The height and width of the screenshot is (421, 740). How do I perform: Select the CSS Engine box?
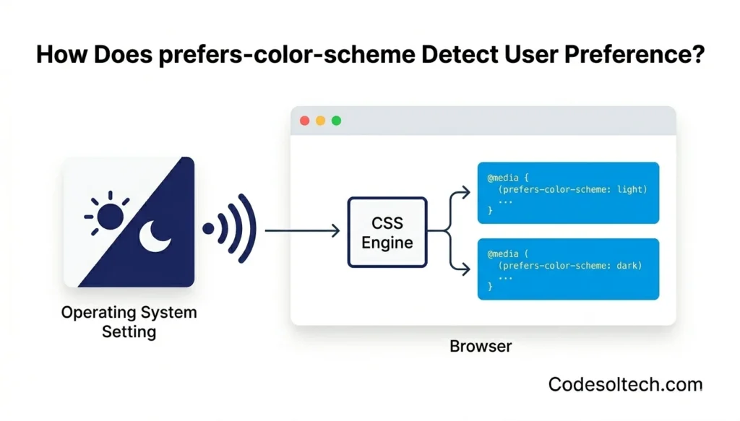(387, 232)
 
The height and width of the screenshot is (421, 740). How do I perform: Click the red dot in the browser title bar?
(304, 121)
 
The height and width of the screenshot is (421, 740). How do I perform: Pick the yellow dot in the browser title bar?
(320, 121)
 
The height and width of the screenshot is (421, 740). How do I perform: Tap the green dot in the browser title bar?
(336, 121)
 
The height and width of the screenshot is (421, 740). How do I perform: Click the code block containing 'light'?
(568, 193)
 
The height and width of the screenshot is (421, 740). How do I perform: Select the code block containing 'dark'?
(568, 269)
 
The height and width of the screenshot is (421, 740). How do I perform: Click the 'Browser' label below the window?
(481, 346)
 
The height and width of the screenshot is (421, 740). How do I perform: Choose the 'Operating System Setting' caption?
(129, 322)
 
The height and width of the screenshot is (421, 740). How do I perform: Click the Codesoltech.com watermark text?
(625, 384)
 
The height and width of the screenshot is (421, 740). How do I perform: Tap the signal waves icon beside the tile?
(231, 228)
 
